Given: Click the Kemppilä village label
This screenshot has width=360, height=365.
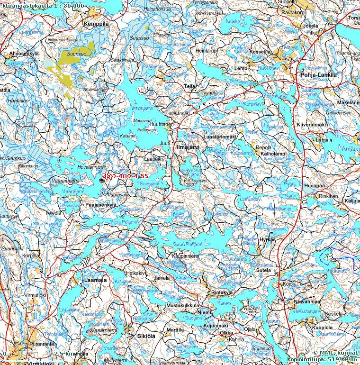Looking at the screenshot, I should [x=96, y=24].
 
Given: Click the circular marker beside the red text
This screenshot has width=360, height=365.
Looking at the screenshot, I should [x=102, y=180].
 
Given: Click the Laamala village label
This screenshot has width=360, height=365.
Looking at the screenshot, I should [x=95, y=280].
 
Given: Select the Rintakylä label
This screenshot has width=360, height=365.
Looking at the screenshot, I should [x=223, y=292].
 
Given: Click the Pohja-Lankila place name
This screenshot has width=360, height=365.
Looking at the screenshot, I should [x=318, y=75].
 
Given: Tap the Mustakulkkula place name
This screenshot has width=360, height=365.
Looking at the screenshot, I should [x=182, y=306].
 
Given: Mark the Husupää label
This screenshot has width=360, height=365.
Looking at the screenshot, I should [x=315, y=186].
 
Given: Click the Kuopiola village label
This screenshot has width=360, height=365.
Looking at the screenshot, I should [x=322, y=328].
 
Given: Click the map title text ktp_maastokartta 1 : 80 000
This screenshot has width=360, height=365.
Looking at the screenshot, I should [x=43, y=5].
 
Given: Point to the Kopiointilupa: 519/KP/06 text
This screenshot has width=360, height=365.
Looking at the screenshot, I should [x=322, y=360].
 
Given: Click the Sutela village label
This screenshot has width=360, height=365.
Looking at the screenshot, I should [x=263, y=271].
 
